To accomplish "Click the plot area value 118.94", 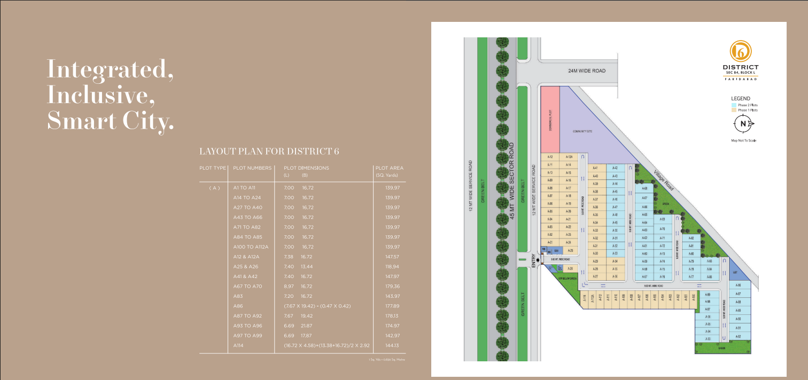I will click(x=392, y=266).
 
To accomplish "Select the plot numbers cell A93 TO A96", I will click(x=247, y=325).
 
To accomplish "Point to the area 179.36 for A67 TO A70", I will click(x=392, y=286).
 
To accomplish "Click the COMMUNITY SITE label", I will click(x=582, y=131).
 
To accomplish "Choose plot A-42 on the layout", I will click(x=615, y=168).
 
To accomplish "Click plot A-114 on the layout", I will click(x=585, y=299).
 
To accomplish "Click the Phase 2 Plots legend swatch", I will click(x=733, y=105).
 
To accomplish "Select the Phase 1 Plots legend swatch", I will click(x=733, y=110).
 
